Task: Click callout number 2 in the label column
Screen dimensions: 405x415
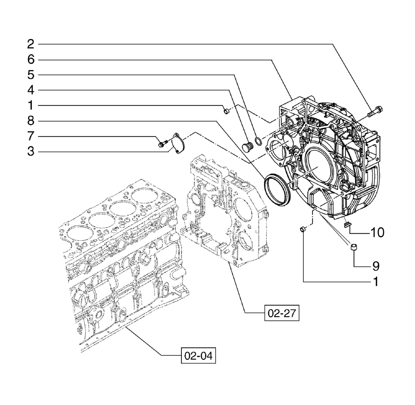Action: coord(31,44)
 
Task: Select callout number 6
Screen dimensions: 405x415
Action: coord(31,59)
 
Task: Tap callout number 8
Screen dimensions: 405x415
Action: coord(31,121)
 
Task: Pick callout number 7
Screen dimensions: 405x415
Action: coord(31,136)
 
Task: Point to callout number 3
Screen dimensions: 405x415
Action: coord(31,151)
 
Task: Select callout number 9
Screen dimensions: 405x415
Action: coord(376,265)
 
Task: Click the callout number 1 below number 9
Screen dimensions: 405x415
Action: coord(376,282)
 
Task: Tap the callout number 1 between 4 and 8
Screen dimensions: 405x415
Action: coord(31,105)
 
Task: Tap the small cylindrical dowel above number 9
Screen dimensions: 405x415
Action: coord(354,248)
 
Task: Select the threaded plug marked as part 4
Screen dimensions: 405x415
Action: coord(249,147)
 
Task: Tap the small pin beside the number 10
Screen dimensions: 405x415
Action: coord(347,224)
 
